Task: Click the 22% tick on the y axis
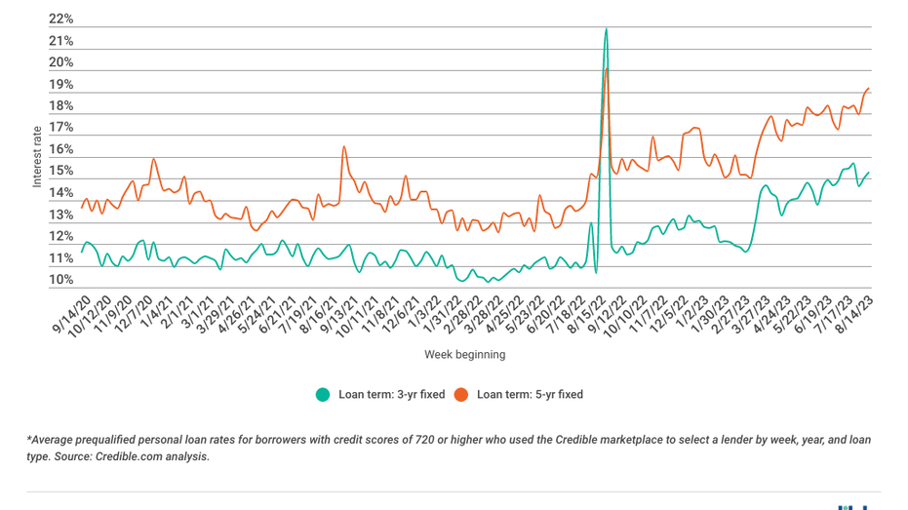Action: tap(60, 20)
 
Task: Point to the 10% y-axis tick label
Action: tap(60, 280)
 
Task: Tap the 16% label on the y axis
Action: tap(60, 150)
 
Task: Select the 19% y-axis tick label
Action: tap(60, 85)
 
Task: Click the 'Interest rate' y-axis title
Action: tap(37, 156)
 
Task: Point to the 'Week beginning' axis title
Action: tap(464, 355)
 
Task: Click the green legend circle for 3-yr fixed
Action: tap(323, 395)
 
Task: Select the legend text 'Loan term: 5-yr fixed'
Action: tap(530, 395)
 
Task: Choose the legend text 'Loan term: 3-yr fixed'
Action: tap(391, 395)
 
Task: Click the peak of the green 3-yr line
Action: tap(607, 29)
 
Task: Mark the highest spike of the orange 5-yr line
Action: tap(607, 68)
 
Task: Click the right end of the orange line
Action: tap(869, 89)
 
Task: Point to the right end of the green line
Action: tap(869, 173)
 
